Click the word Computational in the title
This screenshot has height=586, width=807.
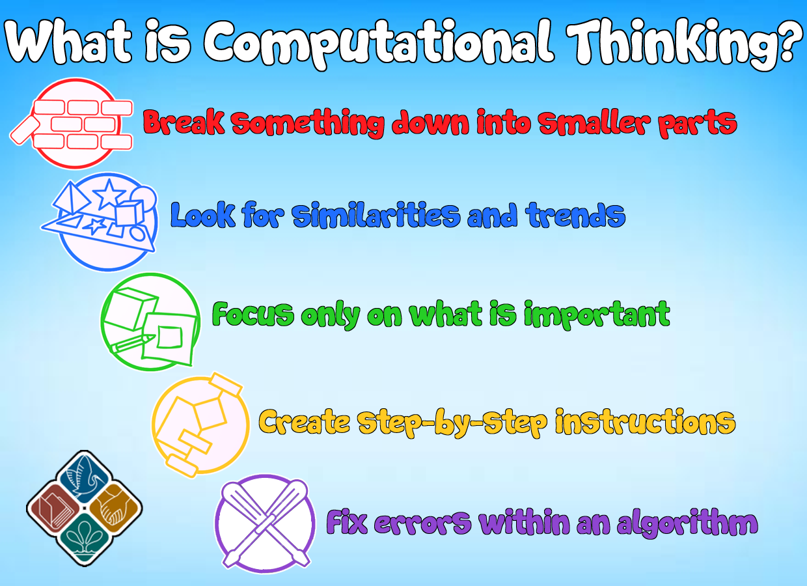coord(379,42)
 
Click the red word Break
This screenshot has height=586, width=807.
coord(184,122)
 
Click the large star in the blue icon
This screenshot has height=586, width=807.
coord(109,195)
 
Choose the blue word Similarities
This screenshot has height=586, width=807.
coord(376,215)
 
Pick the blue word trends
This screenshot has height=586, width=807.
coord(575,215)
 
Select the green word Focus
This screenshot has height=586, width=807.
coord(253,314)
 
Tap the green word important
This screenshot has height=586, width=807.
coord(597,315)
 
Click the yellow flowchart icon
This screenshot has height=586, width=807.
coord(200,425)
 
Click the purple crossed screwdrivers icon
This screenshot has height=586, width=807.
coord(265,523)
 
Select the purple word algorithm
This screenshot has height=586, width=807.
coord(688,523)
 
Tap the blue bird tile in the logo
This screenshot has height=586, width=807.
coord(85,477)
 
